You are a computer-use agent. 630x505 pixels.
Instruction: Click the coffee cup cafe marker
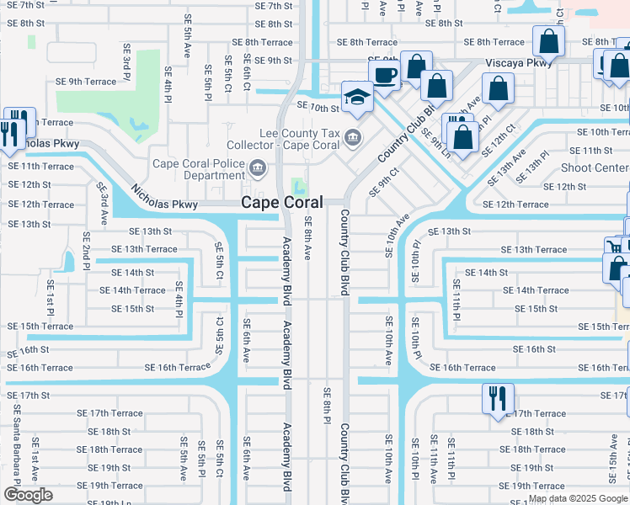384,74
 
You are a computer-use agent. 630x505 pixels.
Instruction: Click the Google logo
28,494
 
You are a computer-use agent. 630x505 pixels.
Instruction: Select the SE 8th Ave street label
308,240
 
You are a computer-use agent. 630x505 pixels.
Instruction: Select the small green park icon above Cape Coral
298,185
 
